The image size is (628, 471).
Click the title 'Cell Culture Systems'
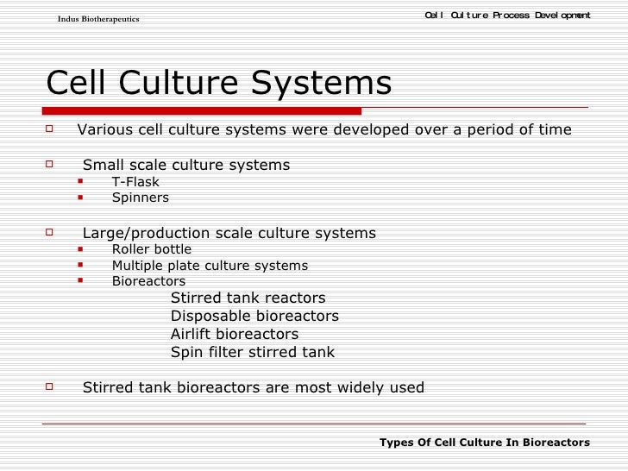point(218,84)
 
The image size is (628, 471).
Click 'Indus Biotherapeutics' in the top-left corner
point(97,19)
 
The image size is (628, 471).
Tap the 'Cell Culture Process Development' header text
point(508,16)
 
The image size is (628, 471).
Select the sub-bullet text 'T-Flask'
point(135,182)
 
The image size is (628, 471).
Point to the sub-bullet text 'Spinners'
point(141,198)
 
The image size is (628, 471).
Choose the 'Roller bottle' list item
point(152,250)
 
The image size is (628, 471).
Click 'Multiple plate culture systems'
point(210,266)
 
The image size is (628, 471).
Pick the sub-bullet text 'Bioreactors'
point(148,281)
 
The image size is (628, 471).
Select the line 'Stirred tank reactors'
point(248,298)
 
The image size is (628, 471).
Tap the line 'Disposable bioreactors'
point(254,316)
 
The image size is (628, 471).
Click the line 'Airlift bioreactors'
point(235,334)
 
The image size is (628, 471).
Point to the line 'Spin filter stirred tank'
point(252,352)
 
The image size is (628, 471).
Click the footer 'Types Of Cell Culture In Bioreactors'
point(485,442)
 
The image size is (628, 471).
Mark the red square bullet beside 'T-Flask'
point(80,181)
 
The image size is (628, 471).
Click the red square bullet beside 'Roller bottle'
point(80,249)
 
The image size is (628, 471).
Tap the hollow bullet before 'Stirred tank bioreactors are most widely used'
point(50,386)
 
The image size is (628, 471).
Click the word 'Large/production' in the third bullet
point(134,234)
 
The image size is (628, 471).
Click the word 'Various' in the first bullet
point(104,130)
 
